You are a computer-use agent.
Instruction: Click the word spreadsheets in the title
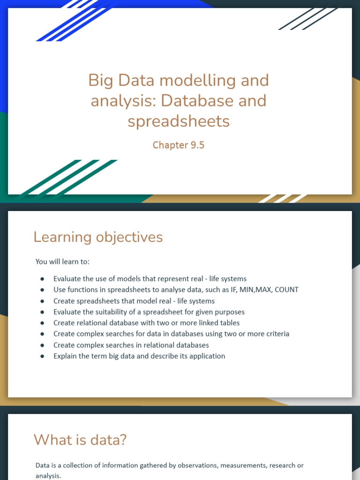tap(179, 121)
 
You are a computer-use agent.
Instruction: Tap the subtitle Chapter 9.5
tap(179, 145)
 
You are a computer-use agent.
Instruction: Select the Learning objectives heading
tap(98, 237)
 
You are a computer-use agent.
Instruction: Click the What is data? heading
tap(80, 440)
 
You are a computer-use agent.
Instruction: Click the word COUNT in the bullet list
tap(286, 290)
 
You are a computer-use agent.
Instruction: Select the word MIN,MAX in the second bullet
tap(255, 290)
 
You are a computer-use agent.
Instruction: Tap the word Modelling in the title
tap(191, 80)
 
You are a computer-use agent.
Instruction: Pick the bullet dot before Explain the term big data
tap(43, 356)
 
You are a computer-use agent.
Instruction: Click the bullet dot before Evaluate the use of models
tap(43, 279)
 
